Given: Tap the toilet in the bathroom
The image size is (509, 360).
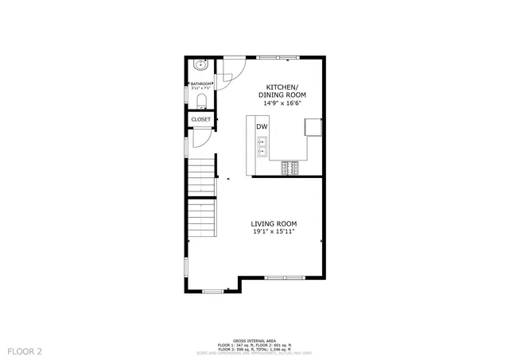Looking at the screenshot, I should tap(201, 100).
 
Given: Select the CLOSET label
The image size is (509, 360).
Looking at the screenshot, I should tap(201, 119).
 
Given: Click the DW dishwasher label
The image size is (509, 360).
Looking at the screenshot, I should tap(261, 126).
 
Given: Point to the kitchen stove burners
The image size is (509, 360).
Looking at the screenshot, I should tap(289, 167).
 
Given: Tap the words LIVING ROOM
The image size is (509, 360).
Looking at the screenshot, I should tap(274, 223).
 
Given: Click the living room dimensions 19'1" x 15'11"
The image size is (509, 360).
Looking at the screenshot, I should tap(274, 232).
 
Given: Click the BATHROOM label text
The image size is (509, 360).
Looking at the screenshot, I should tap(200, 83).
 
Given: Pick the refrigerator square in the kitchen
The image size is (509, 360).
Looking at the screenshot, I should tap(313, 127).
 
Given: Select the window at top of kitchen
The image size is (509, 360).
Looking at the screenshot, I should tap(278, 56).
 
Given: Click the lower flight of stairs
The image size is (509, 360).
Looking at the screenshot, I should tap(202, 219).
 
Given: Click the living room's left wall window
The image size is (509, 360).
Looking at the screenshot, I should tap(186, 265).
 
